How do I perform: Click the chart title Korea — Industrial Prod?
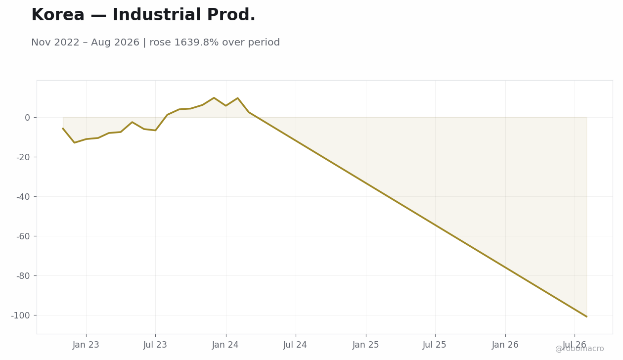(x=143, y=15)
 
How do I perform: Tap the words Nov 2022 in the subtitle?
(x=55, y=43)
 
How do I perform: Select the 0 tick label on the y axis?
(x=27, y=118)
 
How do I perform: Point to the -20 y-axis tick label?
(x=23, y=157)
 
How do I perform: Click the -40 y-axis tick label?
(x=23, y=197)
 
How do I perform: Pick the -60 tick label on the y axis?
(x=23, y=236)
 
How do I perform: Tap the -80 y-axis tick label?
(x=23, y=276)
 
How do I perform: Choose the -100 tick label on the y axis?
(x=20, y=315)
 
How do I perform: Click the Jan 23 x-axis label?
(x=86, y=345)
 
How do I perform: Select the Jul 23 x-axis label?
(x=155, y=345)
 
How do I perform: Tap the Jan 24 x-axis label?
(x=225, y=345)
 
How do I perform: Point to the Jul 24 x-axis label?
(x=295, y=345)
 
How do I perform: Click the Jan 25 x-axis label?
(x=366, y=345)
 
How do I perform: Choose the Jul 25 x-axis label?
(x=435, y=345)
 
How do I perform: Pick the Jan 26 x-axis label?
(x=505, y=345)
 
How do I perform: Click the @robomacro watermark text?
(x=579, y=349)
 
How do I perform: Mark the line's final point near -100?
(x=587, y=316)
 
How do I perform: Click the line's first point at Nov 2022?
(x=63, y=128)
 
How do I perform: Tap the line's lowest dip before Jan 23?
(x=74, y=143)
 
